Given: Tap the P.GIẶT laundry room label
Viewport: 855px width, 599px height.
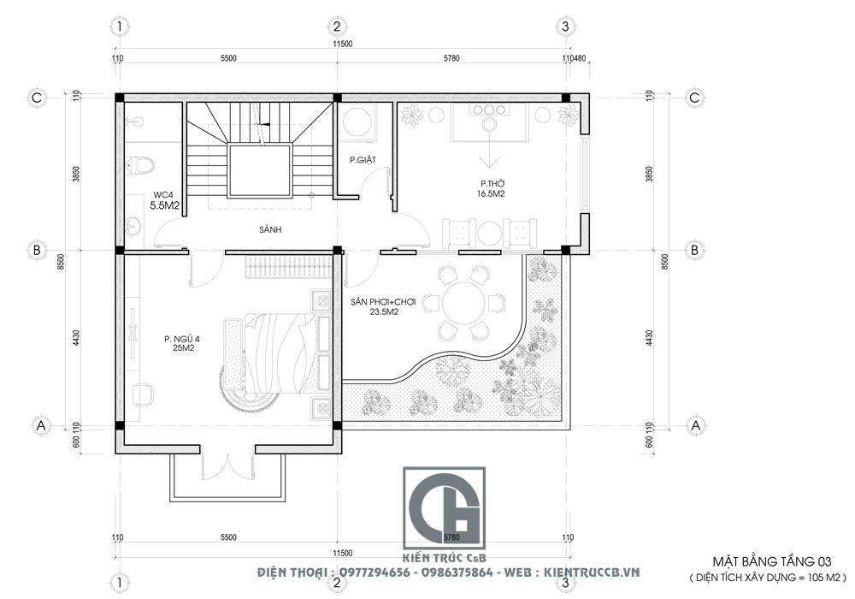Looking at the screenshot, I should (364, 159).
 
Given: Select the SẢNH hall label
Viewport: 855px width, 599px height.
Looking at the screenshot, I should (272, 230).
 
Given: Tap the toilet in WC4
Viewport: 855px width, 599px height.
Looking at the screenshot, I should (143, 163).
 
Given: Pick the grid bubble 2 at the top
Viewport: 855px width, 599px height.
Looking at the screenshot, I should (337, 26).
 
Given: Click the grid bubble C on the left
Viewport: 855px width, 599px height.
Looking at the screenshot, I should (38, 98).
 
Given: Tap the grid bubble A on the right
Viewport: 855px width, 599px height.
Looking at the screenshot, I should (695, 424).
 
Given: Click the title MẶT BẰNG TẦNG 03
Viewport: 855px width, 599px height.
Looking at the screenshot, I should (773, 561).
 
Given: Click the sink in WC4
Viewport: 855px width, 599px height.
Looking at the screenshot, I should (135, 226).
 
